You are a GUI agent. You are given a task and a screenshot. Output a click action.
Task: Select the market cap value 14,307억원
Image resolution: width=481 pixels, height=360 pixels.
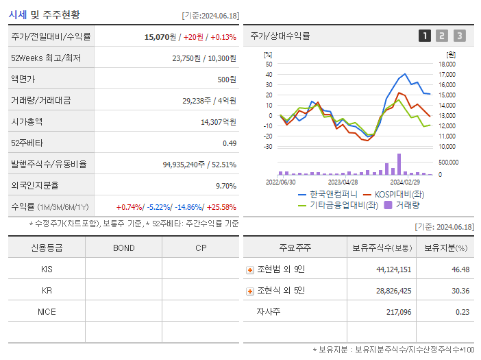219,122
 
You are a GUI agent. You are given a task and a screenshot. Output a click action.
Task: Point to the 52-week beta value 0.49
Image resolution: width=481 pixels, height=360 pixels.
230,143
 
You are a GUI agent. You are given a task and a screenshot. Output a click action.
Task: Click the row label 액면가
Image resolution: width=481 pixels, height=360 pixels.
23,80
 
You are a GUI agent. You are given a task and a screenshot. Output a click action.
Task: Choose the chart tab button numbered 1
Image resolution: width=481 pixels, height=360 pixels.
425,36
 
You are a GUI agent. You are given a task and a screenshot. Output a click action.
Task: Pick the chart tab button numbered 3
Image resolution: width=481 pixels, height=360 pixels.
459,36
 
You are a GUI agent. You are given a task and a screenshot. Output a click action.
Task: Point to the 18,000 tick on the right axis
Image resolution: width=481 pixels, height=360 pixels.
447,64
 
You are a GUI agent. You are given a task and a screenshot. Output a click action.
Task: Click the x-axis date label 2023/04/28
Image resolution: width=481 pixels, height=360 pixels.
343,182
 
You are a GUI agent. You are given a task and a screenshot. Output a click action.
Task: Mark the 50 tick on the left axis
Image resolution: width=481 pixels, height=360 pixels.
269,64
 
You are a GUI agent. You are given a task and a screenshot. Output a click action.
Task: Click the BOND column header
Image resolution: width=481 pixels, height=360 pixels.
124,248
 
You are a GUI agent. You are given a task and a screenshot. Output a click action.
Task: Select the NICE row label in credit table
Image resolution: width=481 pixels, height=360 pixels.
47,312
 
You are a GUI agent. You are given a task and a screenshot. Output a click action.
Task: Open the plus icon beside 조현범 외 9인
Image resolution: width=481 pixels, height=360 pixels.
250,270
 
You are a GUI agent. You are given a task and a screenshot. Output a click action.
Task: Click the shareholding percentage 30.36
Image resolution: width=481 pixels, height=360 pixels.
460,291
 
